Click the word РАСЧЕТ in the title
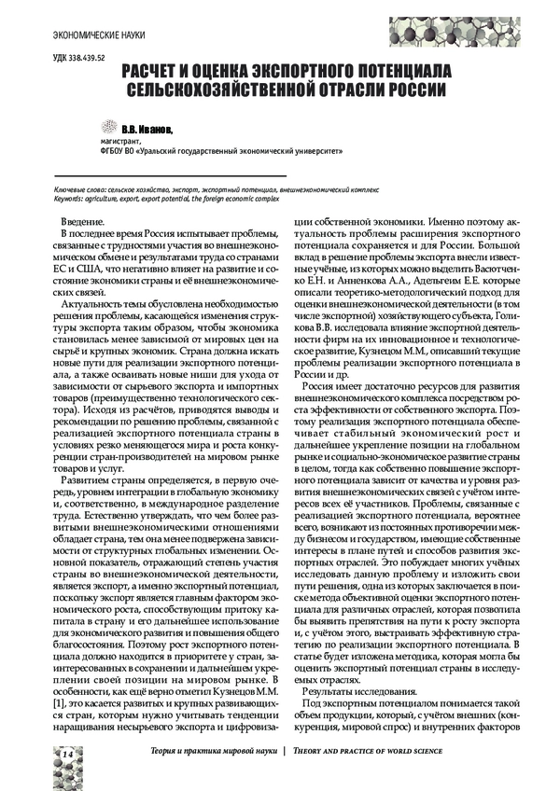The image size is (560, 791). pyautogui.click(x=152, y=71)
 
